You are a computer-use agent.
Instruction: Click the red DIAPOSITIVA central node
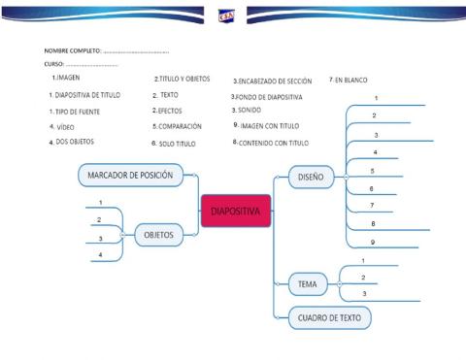point(235,211)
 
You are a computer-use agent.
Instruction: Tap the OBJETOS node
point(158,235)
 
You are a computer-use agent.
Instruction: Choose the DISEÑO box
point(312,177)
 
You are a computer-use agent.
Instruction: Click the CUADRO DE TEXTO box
point(329,317)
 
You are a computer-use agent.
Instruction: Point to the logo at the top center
point(224,14)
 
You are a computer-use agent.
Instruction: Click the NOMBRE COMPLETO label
point(73,50)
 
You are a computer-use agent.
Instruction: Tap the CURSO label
point(55,64)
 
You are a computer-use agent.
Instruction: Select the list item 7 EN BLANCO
point(348,80)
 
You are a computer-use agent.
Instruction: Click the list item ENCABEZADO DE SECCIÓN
point(271,82)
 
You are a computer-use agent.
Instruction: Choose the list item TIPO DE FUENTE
point(75,112)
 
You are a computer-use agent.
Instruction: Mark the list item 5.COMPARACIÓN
point(177,126)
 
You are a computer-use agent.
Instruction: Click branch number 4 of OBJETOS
point(99,254)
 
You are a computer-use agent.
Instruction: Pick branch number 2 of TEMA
point(362,277)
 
